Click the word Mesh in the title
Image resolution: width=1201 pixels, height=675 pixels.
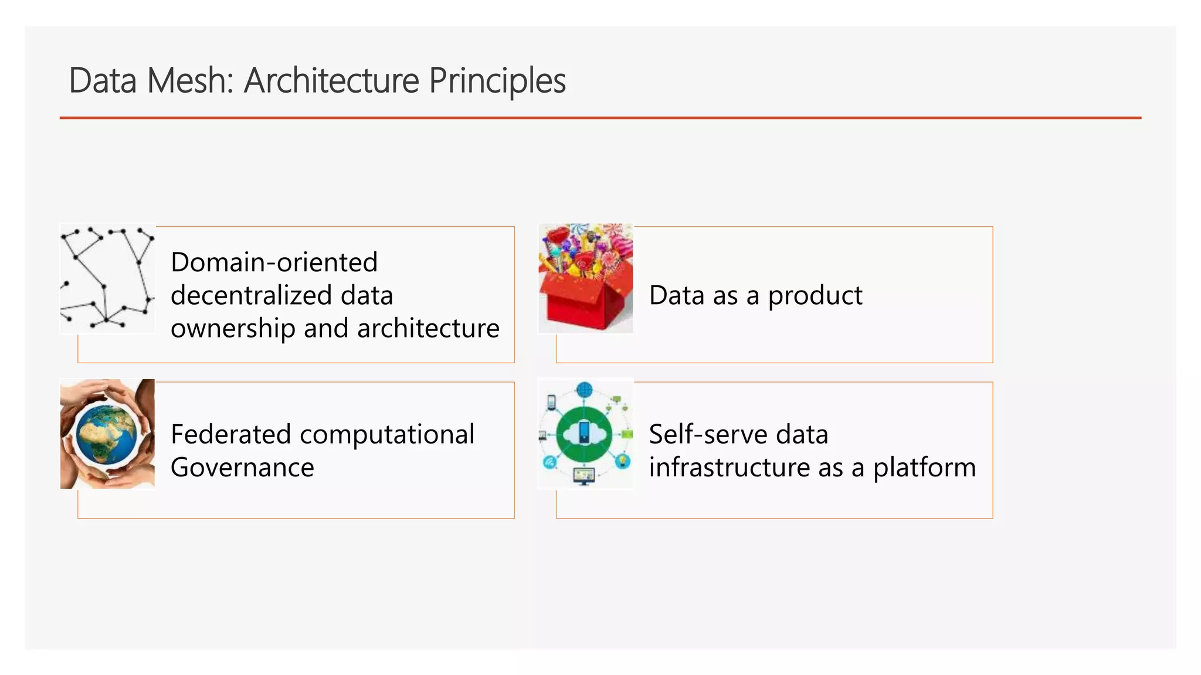(190, 80)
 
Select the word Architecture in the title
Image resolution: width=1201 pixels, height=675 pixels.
(331, 80)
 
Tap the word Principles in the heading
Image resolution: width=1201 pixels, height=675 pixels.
(497, 80)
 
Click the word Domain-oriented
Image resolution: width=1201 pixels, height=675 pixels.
(274, 262)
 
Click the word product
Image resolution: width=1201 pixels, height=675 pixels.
(815, 295)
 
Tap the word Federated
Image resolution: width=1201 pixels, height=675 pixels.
(230, 434)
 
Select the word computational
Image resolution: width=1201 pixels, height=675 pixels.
(387, 434)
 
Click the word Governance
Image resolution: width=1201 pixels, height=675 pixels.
(242, 468)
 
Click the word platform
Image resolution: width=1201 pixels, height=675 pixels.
(924, 468)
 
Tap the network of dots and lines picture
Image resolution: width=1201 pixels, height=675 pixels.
(107, 279)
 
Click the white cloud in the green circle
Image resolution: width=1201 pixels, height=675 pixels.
(584, 434)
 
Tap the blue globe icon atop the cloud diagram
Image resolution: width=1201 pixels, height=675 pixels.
(585, 390)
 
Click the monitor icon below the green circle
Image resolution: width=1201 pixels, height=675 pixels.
(584, 476)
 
